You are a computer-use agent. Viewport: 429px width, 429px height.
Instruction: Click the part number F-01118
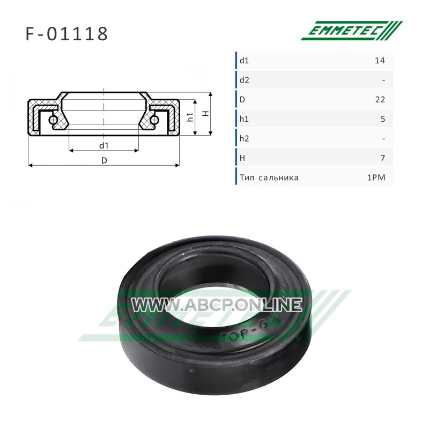[66, 34]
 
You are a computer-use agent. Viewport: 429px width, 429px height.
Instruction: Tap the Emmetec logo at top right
[352, 31]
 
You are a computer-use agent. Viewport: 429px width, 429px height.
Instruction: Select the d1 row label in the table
[245, 61]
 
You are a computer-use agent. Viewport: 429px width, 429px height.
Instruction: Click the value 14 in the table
[380, 61]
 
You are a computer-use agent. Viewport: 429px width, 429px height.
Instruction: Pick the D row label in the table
[242, 100]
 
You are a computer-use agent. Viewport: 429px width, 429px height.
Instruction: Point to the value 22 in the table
[380, 100]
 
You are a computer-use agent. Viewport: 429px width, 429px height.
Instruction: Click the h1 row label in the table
[244, 119]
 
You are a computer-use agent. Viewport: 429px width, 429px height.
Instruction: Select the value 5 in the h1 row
[383, 119]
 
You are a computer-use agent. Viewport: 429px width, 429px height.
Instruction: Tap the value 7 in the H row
[383, 158]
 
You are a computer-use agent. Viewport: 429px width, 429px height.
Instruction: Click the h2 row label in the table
[245, 138]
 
